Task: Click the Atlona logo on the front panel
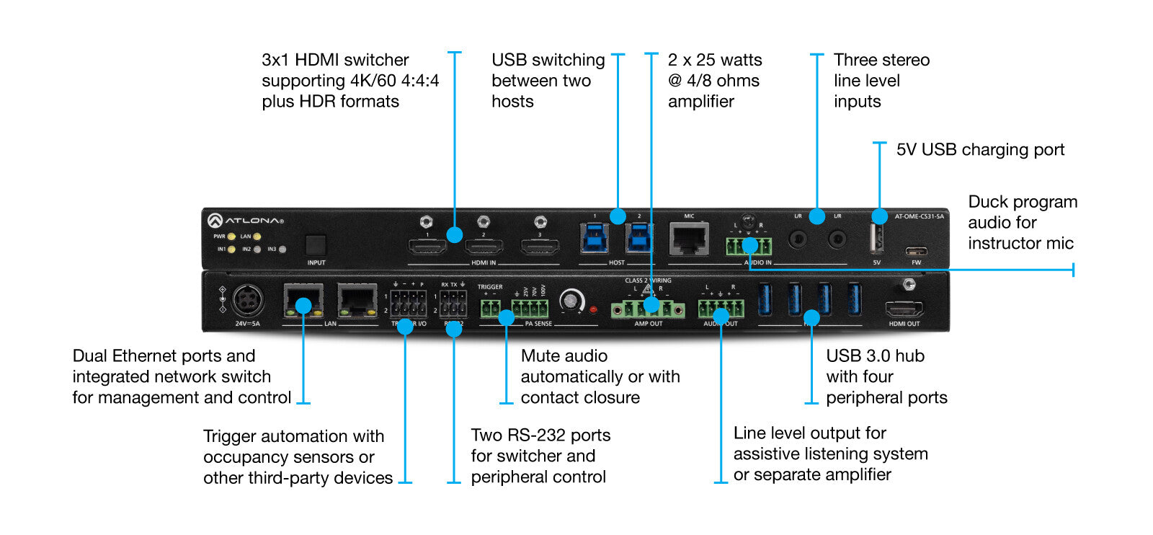click(246, 220)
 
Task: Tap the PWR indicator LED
click(231, 236)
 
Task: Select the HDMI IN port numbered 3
click(540, 247)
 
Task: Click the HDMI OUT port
click(904, 310)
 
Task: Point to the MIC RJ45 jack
click(689, 238)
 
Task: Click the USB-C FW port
click(916, 252)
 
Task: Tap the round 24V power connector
click(247, 300)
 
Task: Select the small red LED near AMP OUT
click(593, 309)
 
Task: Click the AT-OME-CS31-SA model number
click(919, 216)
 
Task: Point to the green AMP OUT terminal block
click(648, 309)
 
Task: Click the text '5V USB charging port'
click(980, 150)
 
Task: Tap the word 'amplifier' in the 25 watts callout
click(700, 102)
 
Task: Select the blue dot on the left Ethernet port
click(303, 305)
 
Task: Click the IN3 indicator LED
click(282, 249)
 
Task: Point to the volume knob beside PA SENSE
click(571, 301)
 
